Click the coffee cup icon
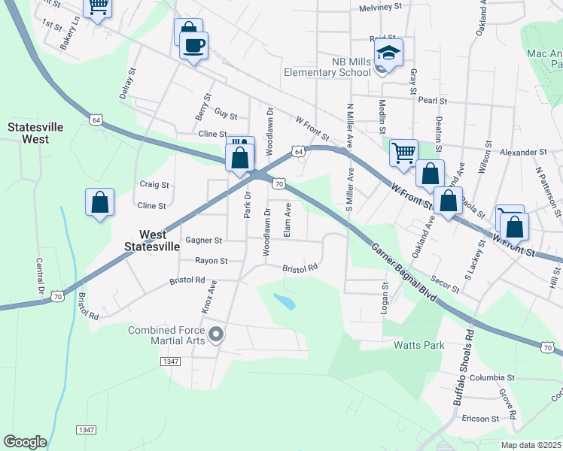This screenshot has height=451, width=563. pos(193,46)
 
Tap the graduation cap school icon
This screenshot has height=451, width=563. pos(389,53)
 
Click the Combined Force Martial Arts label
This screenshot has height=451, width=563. pos(166,335)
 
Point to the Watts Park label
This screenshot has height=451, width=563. pos(418,346)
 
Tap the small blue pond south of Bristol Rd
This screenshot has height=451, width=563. pos(285,302)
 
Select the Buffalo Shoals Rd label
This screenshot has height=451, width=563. pos(463,368)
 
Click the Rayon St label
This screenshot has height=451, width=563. pos(212,261)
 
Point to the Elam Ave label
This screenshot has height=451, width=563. pos(288,223)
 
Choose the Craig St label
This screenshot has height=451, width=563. pos(154,184)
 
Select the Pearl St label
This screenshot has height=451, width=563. pos(433,100)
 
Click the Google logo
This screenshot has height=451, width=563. pos(25,442)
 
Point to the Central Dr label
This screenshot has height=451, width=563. pos(40,277)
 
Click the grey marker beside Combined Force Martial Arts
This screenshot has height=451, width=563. pos(217,334)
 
